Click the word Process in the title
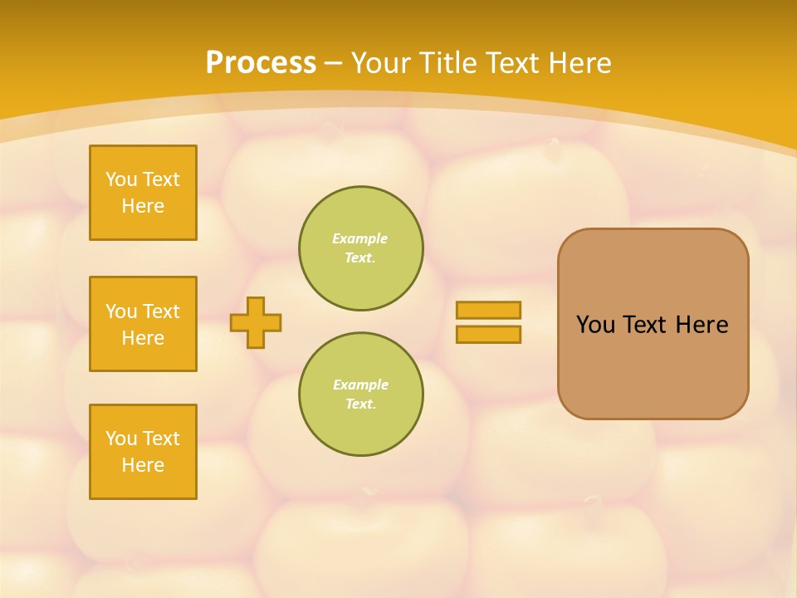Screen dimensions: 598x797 [261, 63]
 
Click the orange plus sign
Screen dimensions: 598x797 [256, 322]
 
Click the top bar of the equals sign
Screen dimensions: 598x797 [488, 310]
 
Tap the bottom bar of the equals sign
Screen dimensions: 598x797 [488, 334]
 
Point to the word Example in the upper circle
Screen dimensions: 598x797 [360, 238]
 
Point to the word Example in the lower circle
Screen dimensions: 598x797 [360, 385]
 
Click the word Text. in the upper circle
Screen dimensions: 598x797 [360, 257]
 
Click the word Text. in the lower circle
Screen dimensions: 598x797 [360, 404]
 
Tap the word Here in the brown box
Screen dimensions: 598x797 [702, 325]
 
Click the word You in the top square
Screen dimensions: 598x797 [121, 179]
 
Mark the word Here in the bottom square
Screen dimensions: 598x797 [143, 465]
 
